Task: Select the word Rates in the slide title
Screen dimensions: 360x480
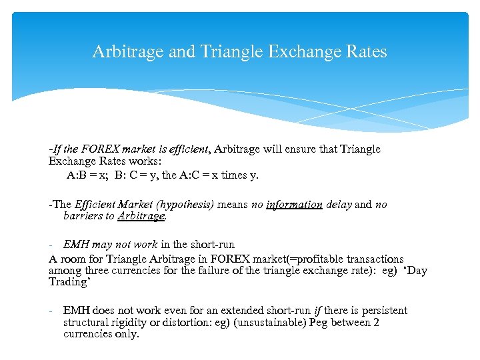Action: [365, 51]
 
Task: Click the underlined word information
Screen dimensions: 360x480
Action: [294, 205]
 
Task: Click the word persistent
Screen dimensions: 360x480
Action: [379, 311]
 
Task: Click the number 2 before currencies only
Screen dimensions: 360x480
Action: [377, 322]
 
